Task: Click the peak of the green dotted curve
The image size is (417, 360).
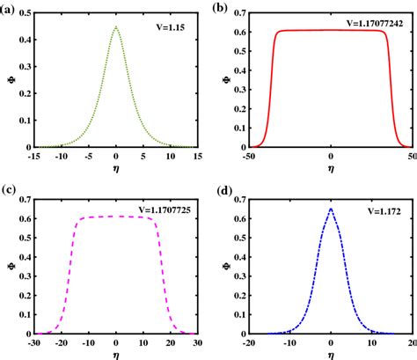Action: click(116, 26)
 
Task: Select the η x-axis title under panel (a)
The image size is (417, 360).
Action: click(116, 167)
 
